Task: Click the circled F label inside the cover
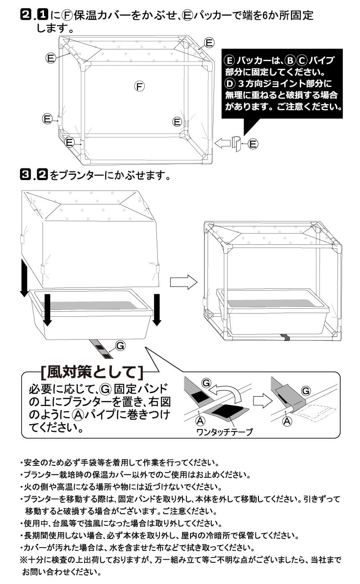pos(139,86)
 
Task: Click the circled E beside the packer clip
pos(253,144)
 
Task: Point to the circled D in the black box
pos(230,84)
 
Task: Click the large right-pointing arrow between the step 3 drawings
pos(183,282)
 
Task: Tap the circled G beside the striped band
pos(120,345)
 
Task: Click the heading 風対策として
pos(92,372)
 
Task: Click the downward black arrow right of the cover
pos(156,310)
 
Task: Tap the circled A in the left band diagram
pos(200,421)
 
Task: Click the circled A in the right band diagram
pos(286,421)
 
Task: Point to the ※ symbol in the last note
pos(23,560)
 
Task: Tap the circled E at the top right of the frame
pos(209,43)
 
